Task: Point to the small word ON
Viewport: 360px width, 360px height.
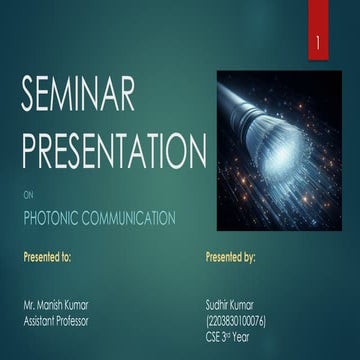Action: click(x=27, y=198)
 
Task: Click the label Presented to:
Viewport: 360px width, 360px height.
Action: click(x=47, y=257)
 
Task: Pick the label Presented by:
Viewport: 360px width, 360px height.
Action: click(x=230, y=257)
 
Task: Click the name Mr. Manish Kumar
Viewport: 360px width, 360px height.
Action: click(x=61, y=303)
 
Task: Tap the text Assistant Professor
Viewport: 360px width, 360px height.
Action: click(x=56, y=320)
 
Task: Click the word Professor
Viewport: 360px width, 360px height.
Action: click(x=71, y=320)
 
